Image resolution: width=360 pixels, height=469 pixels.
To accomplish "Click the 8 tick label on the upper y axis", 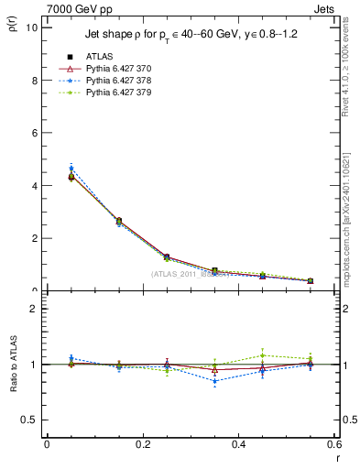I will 33,80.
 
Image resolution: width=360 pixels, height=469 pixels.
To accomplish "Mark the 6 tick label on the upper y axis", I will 33,133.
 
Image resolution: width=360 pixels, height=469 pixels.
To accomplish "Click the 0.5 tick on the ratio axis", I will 28,420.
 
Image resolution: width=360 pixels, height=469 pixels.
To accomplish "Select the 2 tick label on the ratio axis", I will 33,309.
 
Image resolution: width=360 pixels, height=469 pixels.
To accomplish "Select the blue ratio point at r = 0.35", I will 214,381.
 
